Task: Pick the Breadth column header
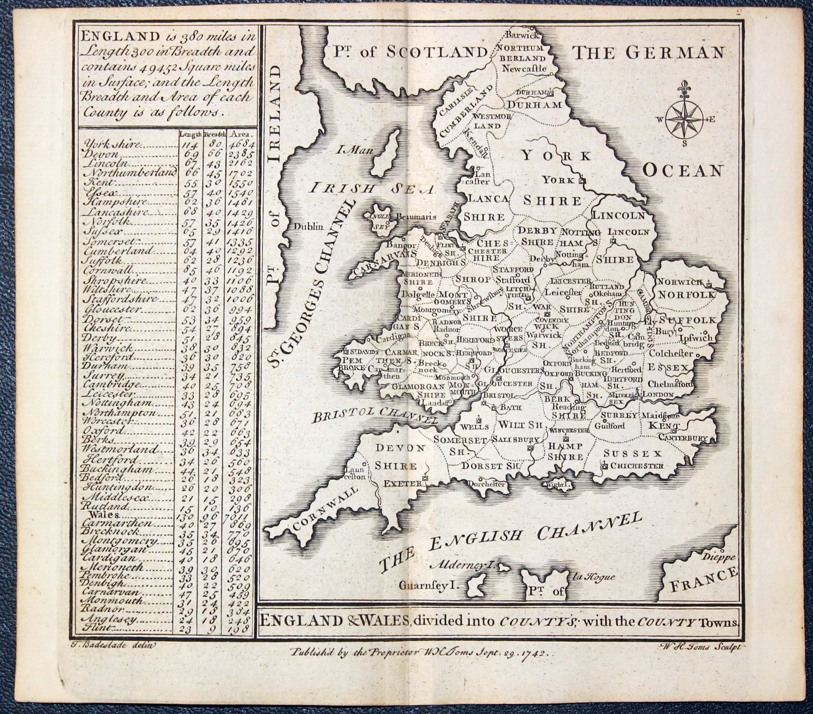[x=215, y=134]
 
